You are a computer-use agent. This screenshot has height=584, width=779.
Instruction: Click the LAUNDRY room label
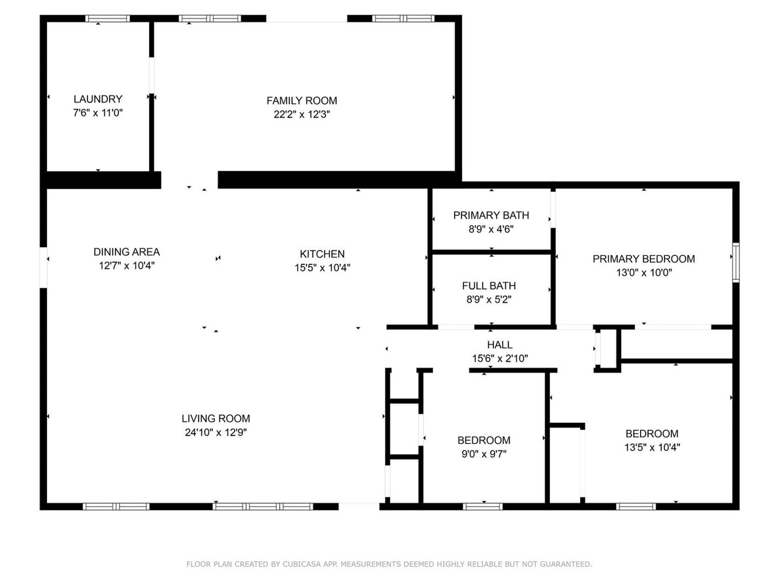pyautogui.click(x=98, y=99)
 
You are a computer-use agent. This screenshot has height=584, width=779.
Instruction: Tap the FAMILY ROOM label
pyautogui.click(x=302, y=101)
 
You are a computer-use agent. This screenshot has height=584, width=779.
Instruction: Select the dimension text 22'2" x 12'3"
pyautogui.click(x=302, y=114)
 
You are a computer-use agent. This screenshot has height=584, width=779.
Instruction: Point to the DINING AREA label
pyautogui.click(x=126, y=251)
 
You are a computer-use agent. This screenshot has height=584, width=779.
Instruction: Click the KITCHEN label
pyautogui.click(x=322, y=254)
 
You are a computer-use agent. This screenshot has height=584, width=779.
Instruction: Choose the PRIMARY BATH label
pyautogui.click(x=491, y=215)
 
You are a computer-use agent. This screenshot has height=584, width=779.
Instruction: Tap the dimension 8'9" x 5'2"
pyautogui.click(x=489, y=300)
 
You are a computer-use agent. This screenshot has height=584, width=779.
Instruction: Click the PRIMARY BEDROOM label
pyautogui.click(x=644, y=259)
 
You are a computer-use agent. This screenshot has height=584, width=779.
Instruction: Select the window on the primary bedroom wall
pyautogui.click(x=736, y=263)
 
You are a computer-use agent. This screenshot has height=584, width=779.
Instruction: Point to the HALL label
pyautogui.click(x=500, y=344)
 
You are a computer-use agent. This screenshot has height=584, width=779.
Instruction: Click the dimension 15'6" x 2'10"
pyautogui.click(x=500, y=359)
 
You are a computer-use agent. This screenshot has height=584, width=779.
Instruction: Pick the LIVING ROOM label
pyautogui.click(x=216, y=419)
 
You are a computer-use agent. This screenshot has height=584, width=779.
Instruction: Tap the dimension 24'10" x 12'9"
pyautogui.click(x=216, y=433)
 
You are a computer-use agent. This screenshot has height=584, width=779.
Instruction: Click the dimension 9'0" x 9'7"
pyautogui.click(x=484, y=454)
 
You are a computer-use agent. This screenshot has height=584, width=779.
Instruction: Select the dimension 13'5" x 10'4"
pyautogui.click(x=653, y=447)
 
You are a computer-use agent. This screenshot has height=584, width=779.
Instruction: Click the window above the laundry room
pyautogui.click(x=108, y=18)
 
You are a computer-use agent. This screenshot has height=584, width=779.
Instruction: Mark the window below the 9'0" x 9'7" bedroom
pyautogui.click(x=483, y=507)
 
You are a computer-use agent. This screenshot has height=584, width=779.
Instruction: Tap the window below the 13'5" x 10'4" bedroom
pyautogui.click(x=636, y=507)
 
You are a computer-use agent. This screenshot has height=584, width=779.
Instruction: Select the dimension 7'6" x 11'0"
pyautogui.click(x=98, y=113)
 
